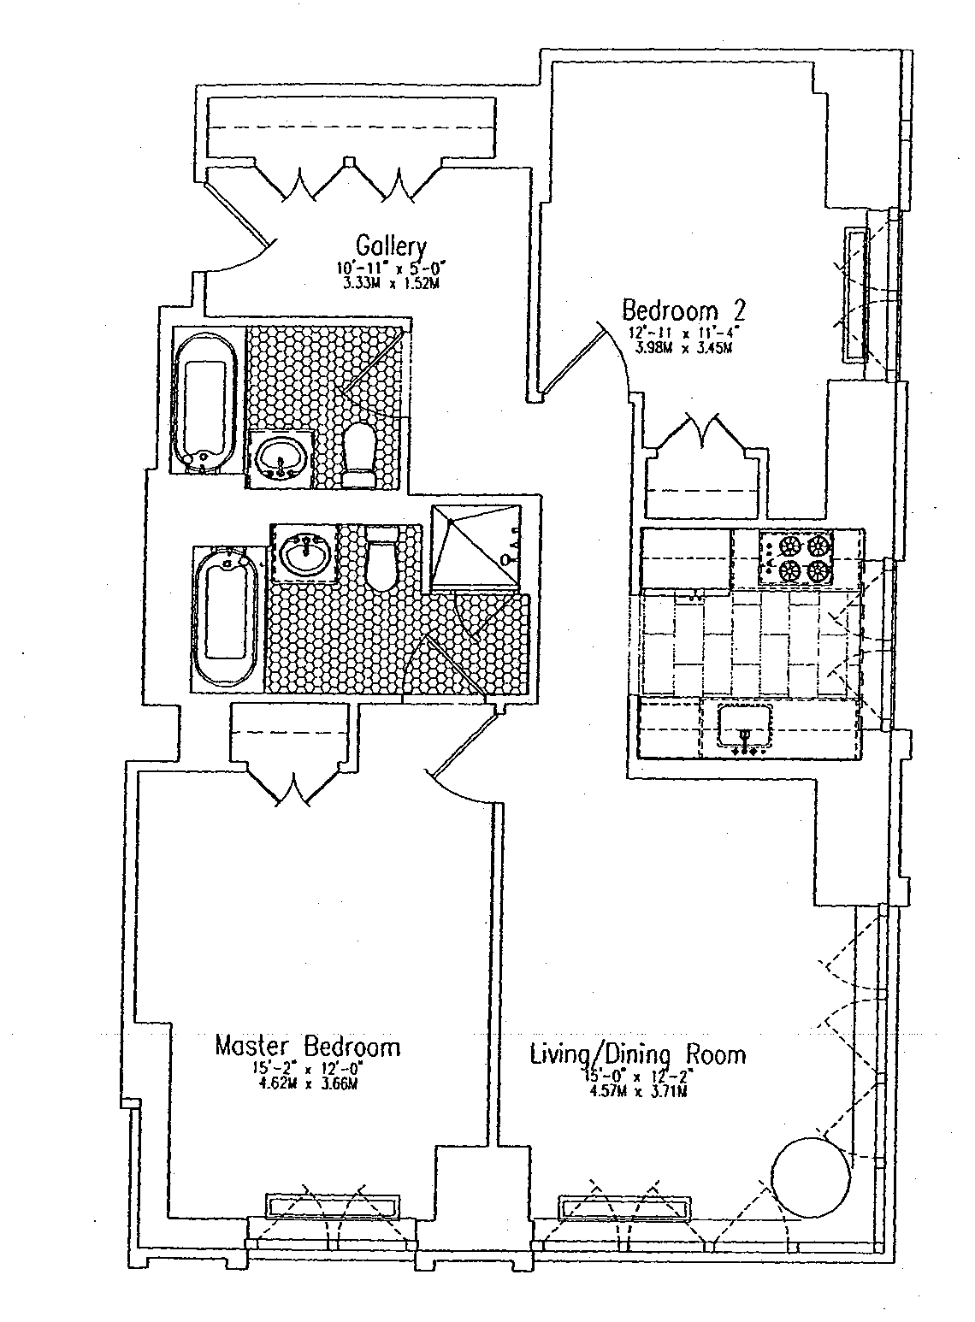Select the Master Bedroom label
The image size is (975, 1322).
click(x=307, y=1046)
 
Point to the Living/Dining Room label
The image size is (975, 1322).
click(x=637, y=1053)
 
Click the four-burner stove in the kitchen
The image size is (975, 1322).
click(x=795, y=558)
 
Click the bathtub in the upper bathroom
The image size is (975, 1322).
click(x=206, y=400)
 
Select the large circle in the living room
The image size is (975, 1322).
click(x=812, y=1177)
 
